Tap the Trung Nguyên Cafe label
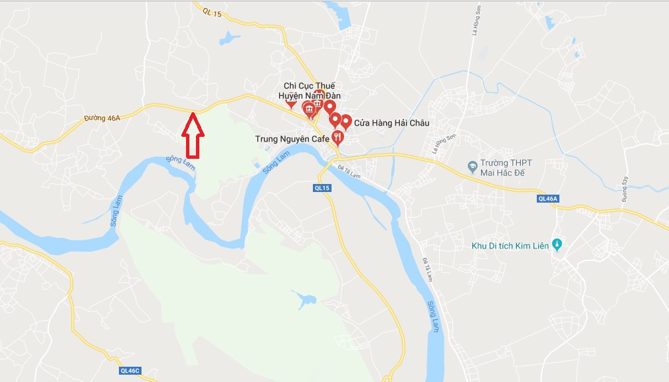292,139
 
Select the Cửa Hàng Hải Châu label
392,123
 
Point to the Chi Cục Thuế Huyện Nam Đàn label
310,91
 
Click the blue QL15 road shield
322,188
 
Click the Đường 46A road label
103,118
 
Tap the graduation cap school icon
472,164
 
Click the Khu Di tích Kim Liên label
510,246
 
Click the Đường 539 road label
625,191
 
